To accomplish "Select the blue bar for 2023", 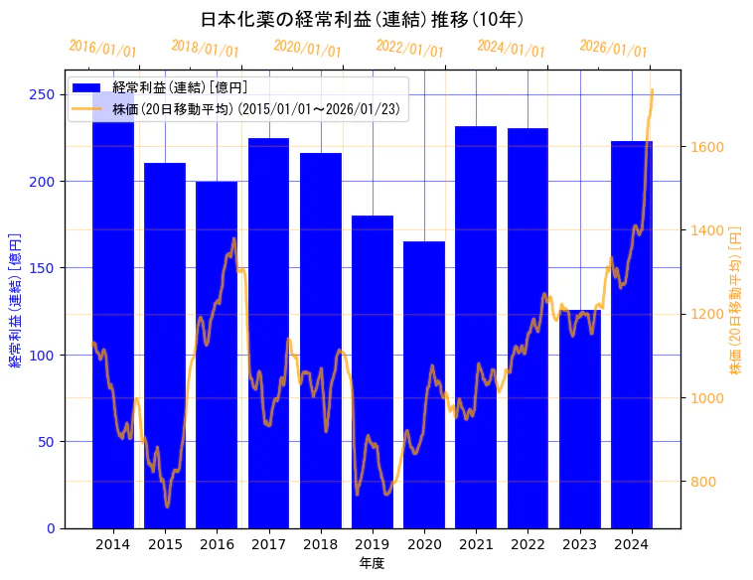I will (580, 418).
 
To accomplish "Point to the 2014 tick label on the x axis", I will (113, 544).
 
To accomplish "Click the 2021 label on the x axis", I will (476, 544).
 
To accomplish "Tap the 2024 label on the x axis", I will (632, 544).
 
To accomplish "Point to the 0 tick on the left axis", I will (50, 528).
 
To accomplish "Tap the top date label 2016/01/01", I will (103, 49).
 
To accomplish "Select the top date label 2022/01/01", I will (410, 49).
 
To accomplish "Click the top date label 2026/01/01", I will (613, 49).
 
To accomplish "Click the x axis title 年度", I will (372, 563).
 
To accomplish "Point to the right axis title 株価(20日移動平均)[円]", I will (736, 299).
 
